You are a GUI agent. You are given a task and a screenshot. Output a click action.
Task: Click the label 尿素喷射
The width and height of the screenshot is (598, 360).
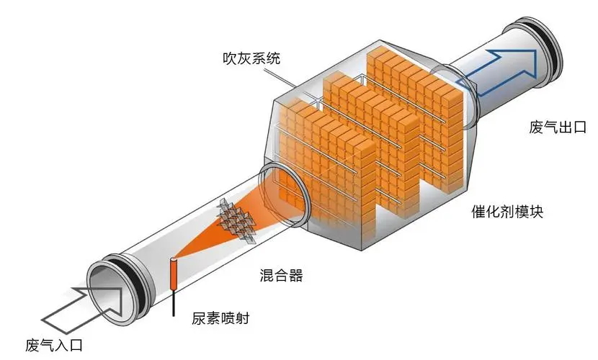click(x=220, y=318)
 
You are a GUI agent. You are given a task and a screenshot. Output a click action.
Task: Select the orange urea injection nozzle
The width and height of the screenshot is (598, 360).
click(x=174, y=273)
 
